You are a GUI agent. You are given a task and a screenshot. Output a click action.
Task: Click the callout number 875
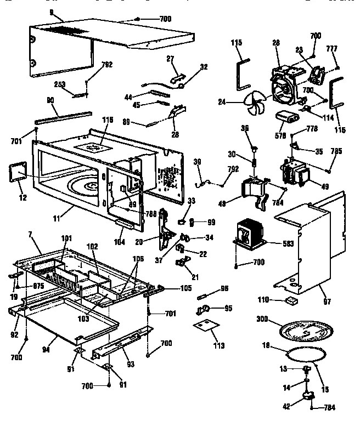pyautogui.click(x=37, y=286)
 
